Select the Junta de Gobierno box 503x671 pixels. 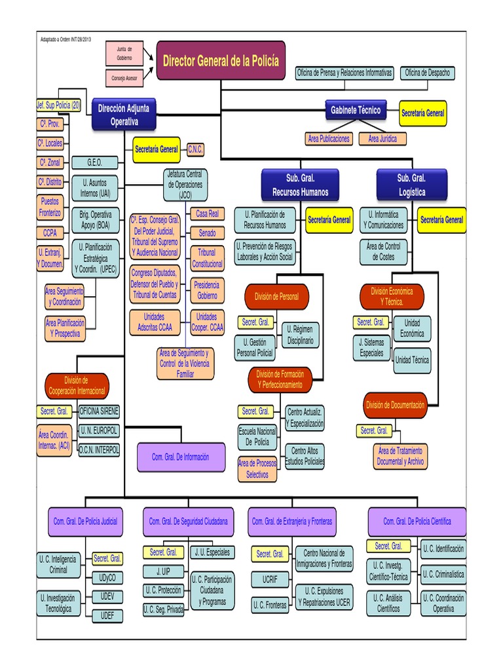(124, 54)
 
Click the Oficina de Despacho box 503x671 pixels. (428, 73)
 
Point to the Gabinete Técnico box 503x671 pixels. (356, 111)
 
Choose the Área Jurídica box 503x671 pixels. (382, 139)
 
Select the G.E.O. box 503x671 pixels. (94, 163)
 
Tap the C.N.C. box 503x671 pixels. (195, 150)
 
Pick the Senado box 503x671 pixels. (207, 233)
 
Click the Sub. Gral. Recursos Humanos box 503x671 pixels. (300, 185)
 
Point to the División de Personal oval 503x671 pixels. (276, 296)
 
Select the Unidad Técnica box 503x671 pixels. (412, 360)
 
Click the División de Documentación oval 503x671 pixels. (396, 405)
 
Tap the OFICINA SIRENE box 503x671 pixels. (99, 412)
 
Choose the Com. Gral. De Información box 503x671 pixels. (181, 457)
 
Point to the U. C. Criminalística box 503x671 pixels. (443, 574)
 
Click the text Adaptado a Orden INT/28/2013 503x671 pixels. (66, 39)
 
